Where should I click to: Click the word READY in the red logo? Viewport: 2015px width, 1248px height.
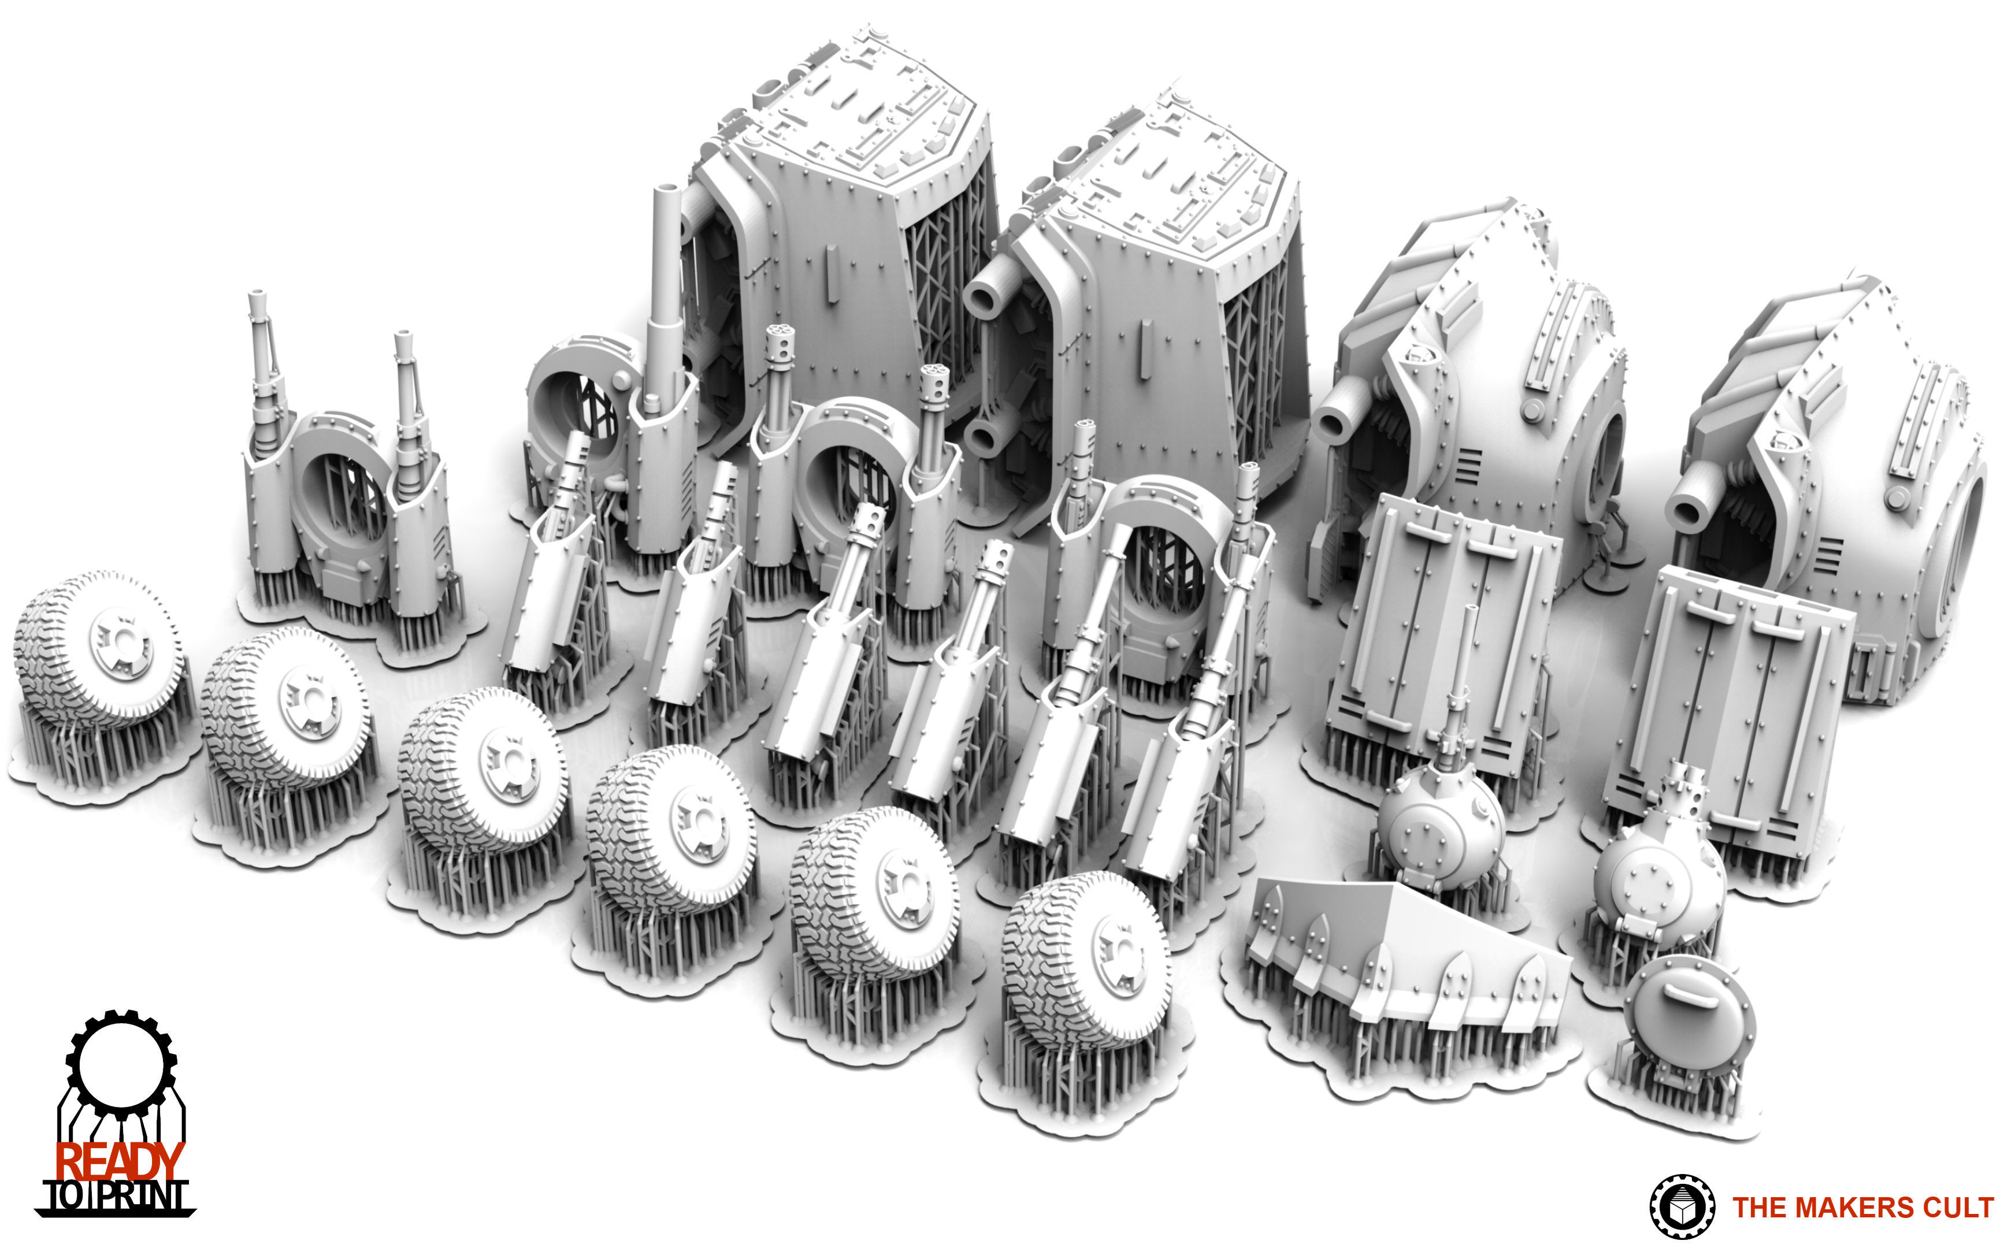pos(119,1161)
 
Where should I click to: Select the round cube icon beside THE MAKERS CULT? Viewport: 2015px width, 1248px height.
pos(1682,1206)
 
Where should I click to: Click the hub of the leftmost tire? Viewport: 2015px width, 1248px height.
pos(121,643)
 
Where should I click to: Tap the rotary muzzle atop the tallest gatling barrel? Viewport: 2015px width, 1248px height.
pos(780,337)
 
